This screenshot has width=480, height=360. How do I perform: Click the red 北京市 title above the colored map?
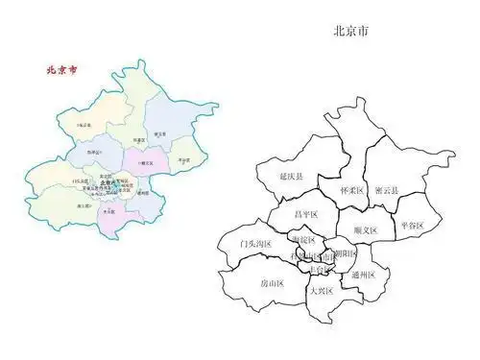pos(64,70)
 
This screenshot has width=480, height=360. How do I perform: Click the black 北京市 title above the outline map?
pos(352,31)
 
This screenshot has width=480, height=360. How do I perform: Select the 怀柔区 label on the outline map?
pos(352,191)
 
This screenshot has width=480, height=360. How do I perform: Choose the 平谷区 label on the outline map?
pos(412,225)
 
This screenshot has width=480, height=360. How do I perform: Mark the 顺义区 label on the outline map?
pos(366,230)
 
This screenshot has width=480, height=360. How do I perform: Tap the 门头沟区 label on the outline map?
pos(255,244)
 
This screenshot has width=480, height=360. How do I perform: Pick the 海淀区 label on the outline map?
pos(302,238)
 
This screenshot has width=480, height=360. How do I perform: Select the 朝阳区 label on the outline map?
pos(345,253)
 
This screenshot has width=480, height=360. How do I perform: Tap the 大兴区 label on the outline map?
pos(319,290)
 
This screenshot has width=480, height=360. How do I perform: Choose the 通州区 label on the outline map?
pos(364,276)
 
